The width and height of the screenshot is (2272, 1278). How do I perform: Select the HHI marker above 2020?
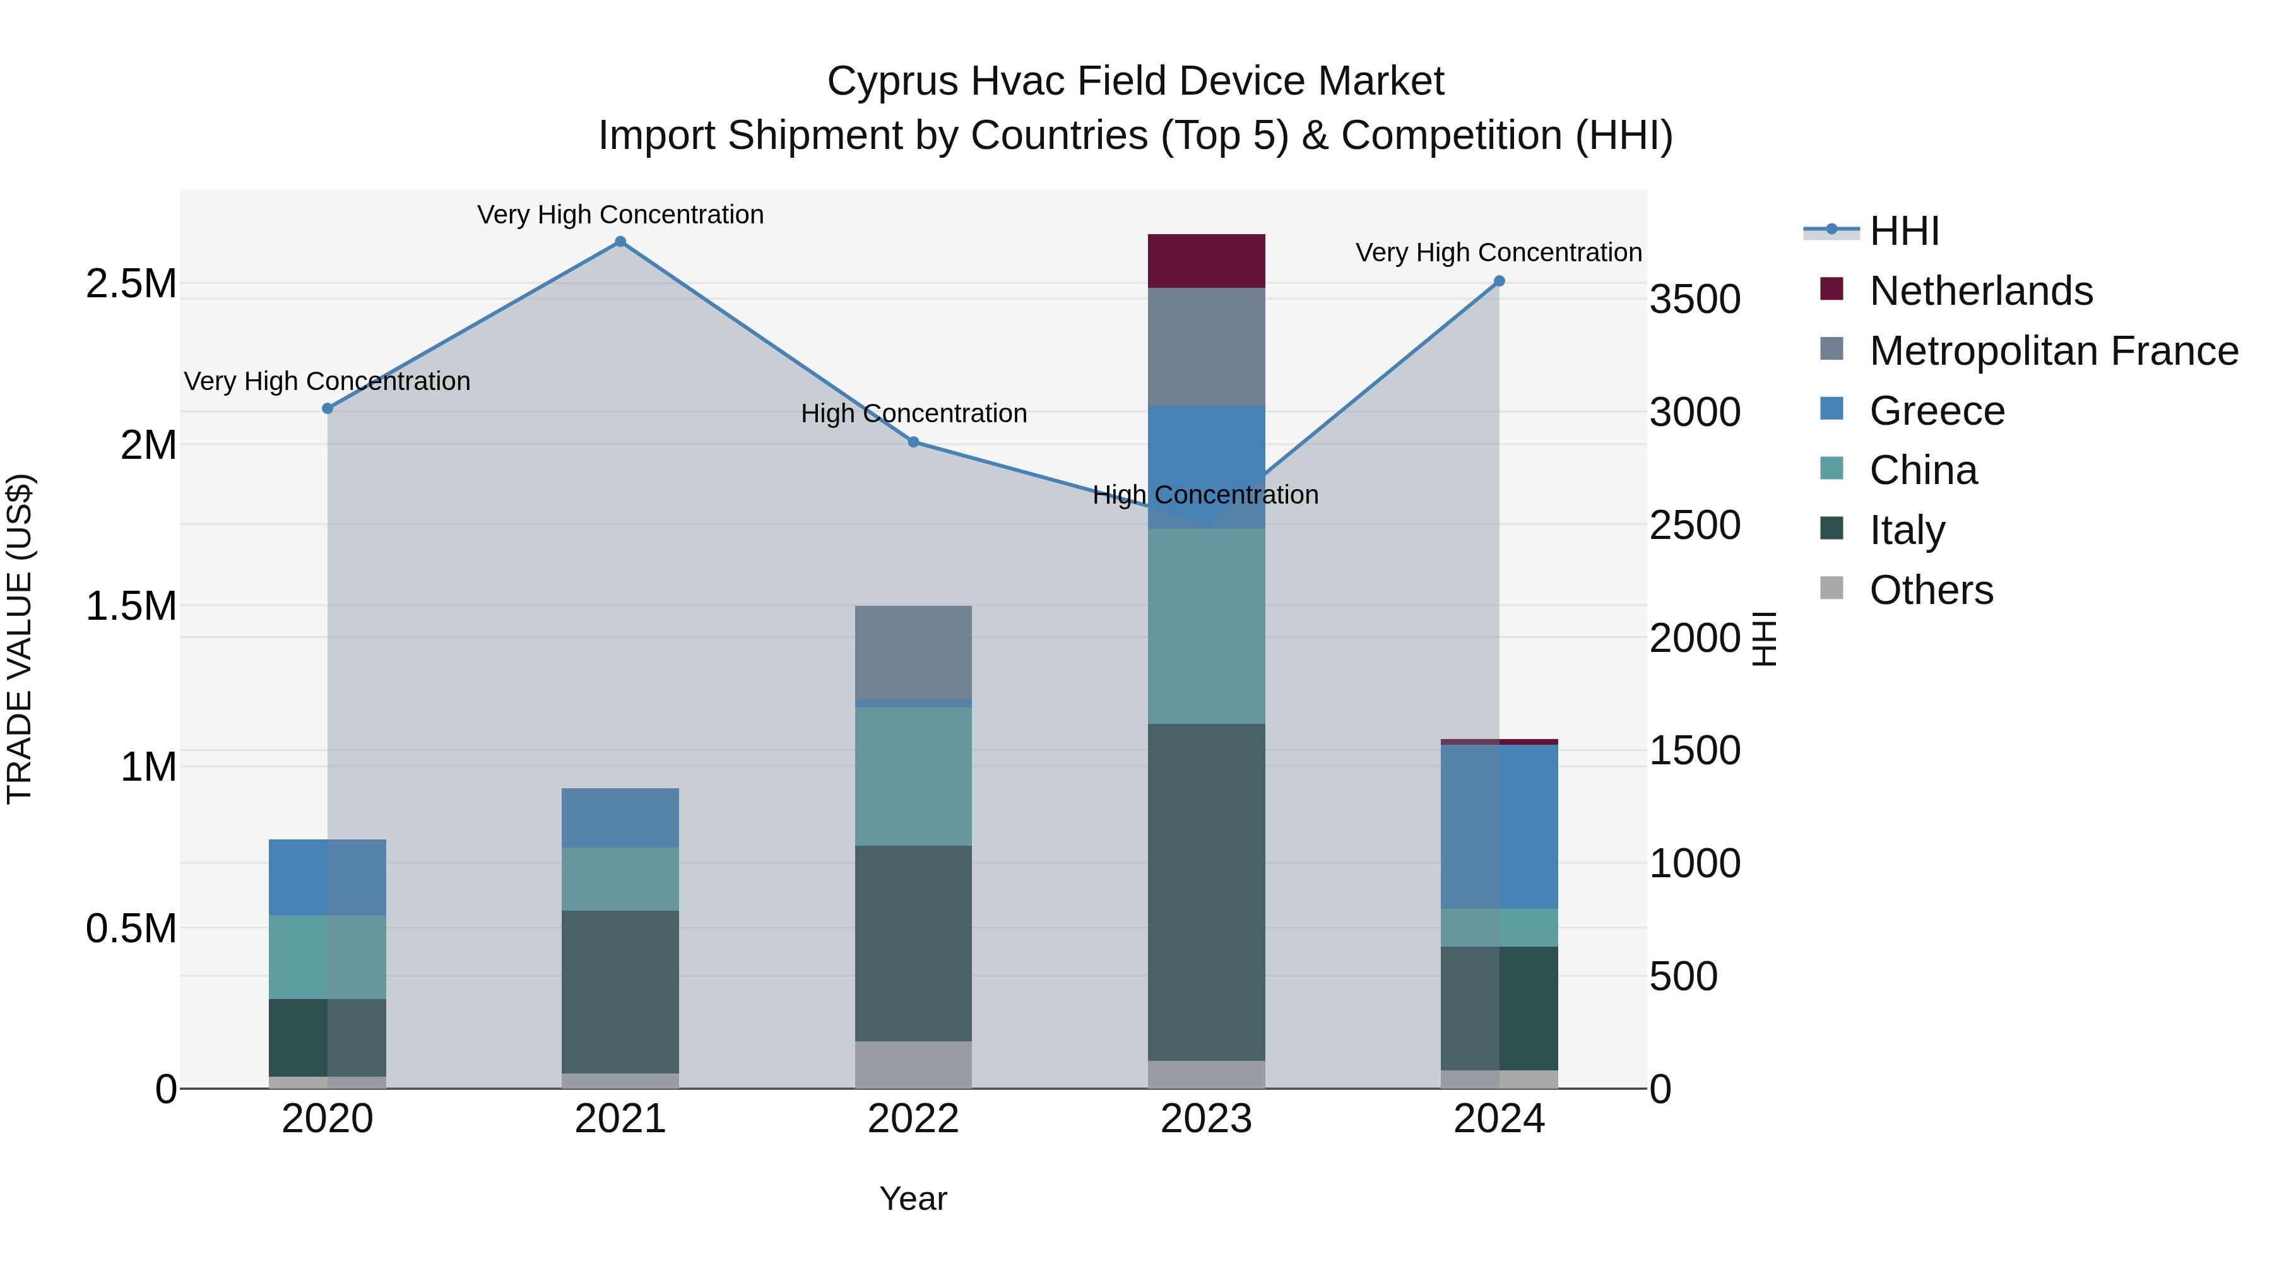pos(327,408)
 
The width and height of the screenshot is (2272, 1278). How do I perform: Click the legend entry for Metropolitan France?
pos(2053,351)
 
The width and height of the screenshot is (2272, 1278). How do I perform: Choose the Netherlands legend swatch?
pos(1832,289)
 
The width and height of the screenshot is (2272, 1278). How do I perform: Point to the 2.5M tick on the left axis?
pos(131,284)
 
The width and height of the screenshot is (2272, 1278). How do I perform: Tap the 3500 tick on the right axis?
pos(1695,300)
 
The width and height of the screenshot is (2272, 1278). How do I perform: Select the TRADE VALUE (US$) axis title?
pos(20,639)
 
